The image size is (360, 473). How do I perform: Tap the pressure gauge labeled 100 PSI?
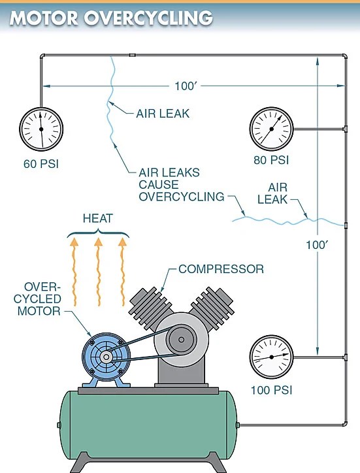pos(271,358)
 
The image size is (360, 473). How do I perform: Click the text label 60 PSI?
pos(41,163)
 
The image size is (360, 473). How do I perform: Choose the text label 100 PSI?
pos(271,390)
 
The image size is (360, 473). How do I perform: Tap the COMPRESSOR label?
pos(221,269)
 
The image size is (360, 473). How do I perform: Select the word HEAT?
pos(98,218)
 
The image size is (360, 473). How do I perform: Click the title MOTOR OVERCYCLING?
pos(111,18)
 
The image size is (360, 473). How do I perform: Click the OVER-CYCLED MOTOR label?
pos(42,299)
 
